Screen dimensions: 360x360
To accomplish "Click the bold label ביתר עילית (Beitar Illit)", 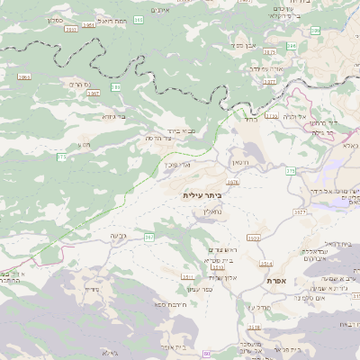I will [x=202, y=195].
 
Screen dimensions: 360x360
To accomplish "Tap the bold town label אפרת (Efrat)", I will [x=277, y=281].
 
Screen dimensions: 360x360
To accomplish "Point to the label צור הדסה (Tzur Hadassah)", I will [x=160, y=139].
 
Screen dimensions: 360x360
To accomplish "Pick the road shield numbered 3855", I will [x=23, y=78].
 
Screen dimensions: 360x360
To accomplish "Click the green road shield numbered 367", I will [x=149, y=237].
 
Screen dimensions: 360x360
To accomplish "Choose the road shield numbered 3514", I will [x=266, y=264].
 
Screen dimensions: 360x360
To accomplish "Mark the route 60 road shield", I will [x=207, y=354].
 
